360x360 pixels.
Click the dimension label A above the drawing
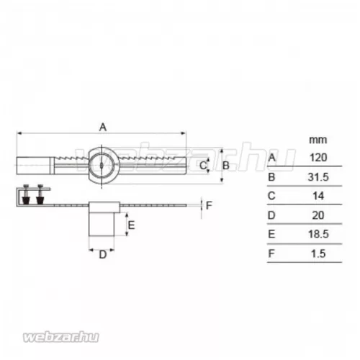pyautogui.click(x=103, y=127)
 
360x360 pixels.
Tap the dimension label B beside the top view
pyautogui.click(x=226, y=166)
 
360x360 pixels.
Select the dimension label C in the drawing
pyautogui.click(x=203, y=166)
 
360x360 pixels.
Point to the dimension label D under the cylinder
pyautogui.click(x=103, y=255)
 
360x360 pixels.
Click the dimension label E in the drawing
pyautogui.click(x=131, y=225)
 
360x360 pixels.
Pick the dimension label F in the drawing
pyautogui.click(x=209, y=205)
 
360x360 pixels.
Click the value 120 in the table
pyautogui.click(x=318, y=158)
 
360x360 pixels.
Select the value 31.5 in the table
pyautogui.click(x=318, y=177)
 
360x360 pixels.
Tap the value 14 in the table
pyautogui.click(x=318, y=196)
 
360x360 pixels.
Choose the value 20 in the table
pyautogui.click(x=318, y=215)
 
